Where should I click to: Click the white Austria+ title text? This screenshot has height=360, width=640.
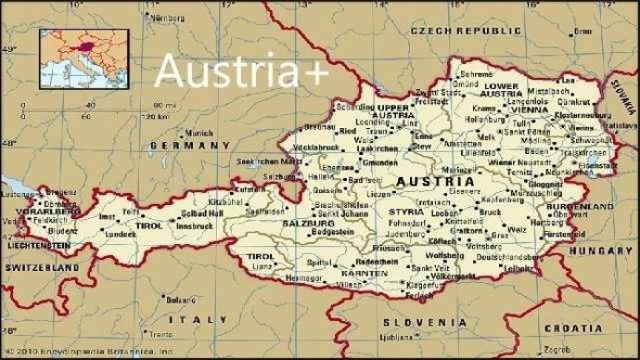(x=241, y=71)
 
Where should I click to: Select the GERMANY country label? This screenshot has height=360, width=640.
(x=183, y=147)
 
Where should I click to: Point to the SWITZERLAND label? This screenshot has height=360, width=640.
(x=42, y=267)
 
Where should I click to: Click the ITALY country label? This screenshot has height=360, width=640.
(x=197, y=318)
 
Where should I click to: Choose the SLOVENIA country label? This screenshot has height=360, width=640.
(x=415, y=321)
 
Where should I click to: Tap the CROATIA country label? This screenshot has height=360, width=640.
(x=572, y=328)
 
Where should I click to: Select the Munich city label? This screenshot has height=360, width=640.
(x=199, y=133)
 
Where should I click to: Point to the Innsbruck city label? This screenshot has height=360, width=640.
(x=196, y=226)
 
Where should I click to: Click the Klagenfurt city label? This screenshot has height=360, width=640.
(x=422, y=287)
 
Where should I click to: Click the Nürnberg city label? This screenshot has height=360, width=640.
(x=167, y=18)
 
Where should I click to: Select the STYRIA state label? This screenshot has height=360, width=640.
(x=406, y=212)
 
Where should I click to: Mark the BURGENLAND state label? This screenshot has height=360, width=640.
(x=567, y=206)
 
